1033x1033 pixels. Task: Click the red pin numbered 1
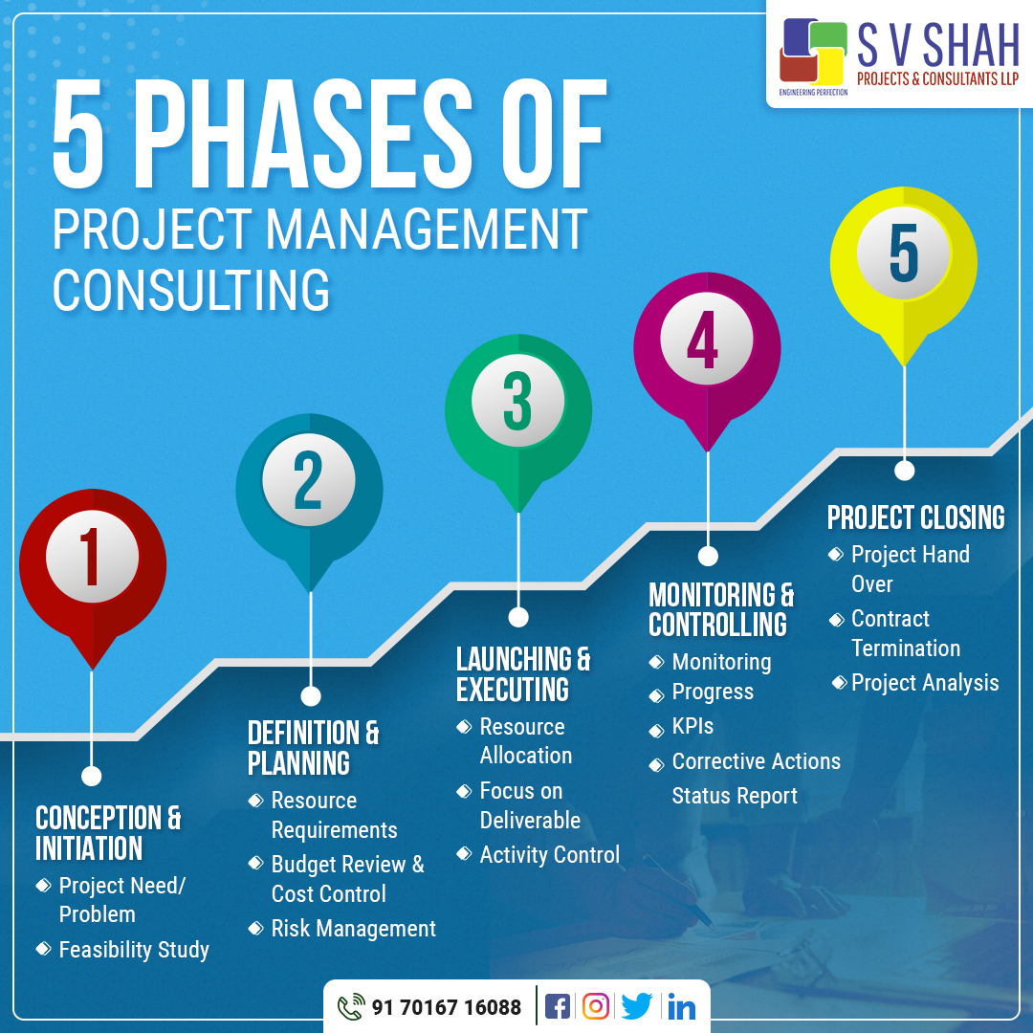coord(93,564)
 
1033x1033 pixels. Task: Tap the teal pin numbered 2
coord(309,488)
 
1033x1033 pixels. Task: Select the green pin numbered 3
coord(517,407)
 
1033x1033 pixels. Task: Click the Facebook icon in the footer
coord(557,1006)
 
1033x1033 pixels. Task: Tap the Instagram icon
coord(596,1006)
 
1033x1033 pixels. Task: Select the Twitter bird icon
coord(636,1006)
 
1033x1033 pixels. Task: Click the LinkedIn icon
coord(681,1006)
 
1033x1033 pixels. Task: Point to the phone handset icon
coord(351,1007)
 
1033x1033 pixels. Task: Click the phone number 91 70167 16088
coord(447,1007)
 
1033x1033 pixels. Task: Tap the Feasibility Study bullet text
coord(134,950)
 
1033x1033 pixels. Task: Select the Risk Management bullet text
coord(353,929)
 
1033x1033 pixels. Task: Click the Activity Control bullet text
coord(550,855)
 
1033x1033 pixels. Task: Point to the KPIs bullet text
coord(692,726)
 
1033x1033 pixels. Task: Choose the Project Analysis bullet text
coord(924,683)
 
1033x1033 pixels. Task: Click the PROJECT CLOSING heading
coord(915,517)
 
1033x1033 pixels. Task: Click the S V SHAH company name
coord(937,48)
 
